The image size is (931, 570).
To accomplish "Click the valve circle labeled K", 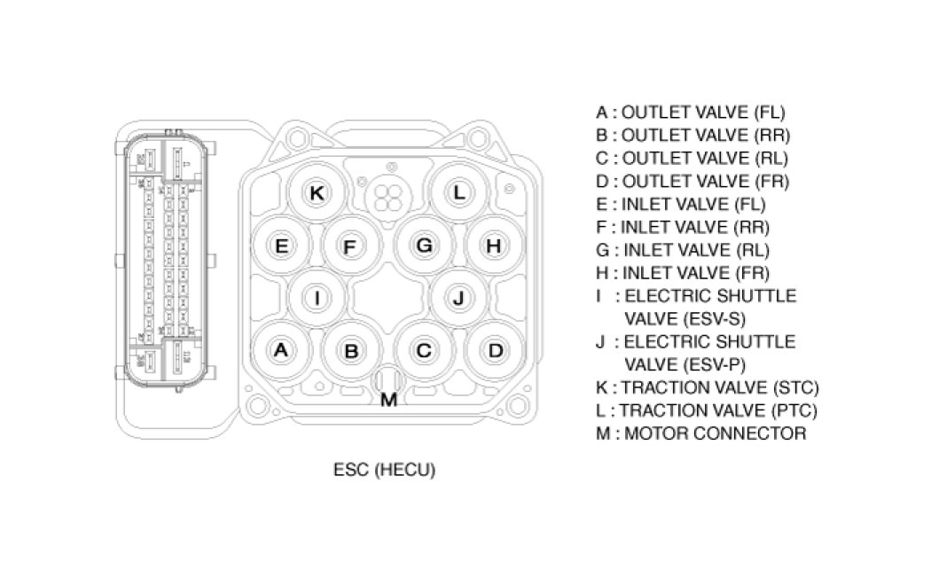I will pyautogui.click(x=317, y=192).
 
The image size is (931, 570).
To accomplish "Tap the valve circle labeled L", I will pyautogui.click(x=458, y=192).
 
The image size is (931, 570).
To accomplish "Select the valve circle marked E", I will pyautogui.click(x=281, y=246).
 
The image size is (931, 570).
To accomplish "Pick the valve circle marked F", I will pyautogui.click(x=350, y=246).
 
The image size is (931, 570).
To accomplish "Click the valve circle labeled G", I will pyautogui.click(x=425, y=246).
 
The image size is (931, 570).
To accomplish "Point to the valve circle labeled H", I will pyautogui.click(x=494, y=246).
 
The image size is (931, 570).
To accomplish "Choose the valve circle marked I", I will pyautogui.click(x=317, y=298).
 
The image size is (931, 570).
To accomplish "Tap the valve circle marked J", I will pyautogui.click(x=458, y=298).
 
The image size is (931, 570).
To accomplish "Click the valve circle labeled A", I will pyautogui.click(x=281, y=350).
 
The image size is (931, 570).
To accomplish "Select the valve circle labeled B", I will pyautogui.click(x=351, y=351).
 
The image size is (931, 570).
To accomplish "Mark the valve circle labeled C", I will pyautogui.click(x=424, y=351).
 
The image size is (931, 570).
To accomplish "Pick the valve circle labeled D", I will pyautogui.click(x=495, y=350).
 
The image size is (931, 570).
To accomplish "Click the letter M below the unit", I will pyautogui.click(x=388, y=400).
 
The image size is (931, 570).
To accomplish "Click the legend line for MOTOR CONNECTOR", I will pyautogui.click(x=701, y=433).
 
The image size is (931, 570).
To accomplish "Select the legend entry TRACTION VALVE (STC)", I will pyautogui.click(x=708, y=387).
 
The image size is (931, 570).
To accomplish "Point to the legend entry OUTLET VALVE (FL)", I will pyautogui.click(x=691, y=113).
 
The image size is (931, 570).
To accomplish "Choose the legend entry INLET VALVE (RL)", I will pyautogui.click(x=684, y=250).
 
